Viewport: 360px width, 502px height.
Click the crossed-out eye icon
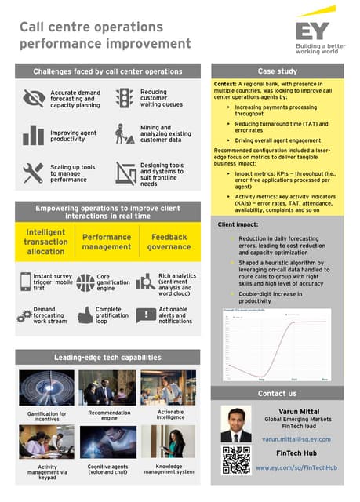[34, 97]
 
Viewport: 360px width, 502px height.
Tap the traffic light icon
[124, 97]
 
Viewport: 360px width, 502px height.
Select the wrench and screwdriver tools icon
[34, 173]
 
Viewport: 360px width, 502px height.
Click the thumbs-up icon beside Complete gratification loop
[85, 315]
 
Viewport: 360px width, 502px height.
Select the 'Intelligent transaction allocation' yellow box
[45, 242]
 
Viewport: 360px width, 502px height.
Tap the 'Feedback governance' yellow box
[169, 242]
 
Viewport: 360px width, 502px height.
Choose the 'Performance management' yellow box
[107, 242]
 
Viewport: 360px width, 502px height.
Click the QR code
[235, 460]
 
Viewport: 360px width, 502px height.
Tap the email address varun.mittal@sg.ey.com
[296, 439]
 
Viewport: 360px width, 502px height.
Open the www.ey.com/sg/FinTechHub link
[296, 467]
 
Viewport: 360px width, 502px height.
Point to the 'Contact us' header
[277, 393]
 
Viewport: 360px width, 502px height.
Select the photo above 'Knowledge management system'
[169, 442]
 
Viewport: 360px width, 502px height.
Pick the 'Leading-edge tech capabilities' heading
[107, 357]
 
